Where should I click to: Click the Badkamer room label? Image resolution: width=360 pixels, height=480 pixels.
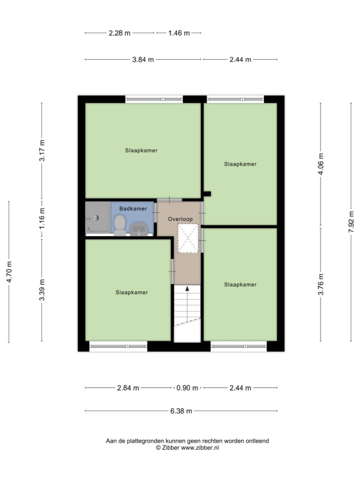pyautogui.click(x=133, y=209)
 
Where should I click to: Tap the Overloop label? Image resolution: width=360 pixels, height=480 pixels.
pyautogui.click(x=180, y=219)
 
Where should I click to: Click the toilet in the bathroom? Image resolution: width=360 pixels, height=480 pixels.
pyautogui.click(x=120, y=225)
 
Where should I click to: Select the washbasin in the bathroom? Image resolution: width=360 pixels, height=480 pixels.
pyautogui.click(x=139, y=229)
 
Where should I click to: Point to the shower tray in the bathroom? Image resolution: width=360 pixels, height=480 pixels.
pyautogui.click(x=98, y=217)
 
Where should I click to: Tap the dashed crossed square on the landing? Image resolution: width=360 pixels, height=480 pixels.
pyautogui.click(x=188, y=239)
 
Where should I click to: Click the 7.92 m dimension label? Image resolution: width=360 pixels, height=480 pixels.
pyautogui.click(x=351, y=222)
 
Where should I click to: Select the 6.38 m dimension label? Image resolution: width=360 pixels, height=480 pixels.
pyautogui.click(x=181, y=411)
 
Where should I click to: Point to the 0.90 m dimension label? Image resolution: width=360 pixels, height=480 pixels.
pyautogui.click(x=187, y=388)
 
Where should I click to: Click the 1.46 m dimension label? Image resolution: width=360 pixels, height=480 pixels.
pyautogui.click(x=179, y=33)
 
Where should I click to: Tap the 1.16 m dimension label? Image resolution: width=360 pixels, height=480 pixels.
pyautogui.click(x=42, y=218)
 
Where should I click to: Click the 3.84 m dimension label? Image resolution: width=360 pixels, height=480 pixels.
pyautogui.click(x=143, y=60)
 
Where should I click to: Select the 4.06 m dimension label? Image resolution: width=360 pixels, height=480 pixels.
pyautogui.click(x=320, y=164)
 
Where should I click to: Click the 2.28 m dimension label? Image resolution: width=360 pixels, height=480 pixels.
pyautogui.click(x=120, y=33)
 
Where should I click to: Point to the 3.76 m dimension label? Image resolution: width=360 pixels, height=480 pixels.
pyautogui.click(x=320, y=284)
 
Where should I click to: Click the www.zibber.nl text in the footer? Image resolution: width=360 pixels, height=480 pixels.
pyautogui.click(x=200, y=447)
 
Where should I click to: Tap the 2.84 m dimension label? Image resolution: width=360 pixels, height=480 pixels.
pyautogui.click(x=128, y=388)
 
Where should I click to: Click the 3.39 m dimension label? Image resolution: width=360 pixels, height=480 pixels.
pyautogui.click(x=42, y=290)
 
